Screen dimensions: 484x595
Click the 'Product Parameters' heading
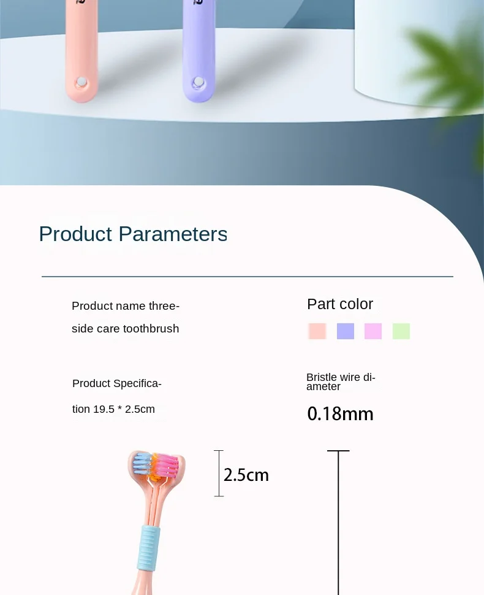[133, 234]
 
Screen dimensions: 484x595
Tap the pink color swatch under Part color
[317, 331]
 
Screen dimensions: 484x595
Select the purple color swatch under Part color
[346, 331]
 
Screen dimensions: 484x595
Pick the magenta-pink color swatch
[373, 331]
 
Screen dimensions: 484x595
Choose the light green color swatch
[401, 331]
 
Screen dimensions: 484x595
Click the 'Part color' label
[340, 304]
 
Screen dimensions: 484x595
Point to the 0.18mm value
[341, 413]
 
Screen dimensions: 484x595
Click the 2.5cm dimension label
[246, 475]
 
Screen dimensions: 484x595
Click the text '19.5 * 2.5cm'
[124, 409]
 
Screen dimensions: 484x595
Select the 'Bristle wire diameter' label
[341, 382]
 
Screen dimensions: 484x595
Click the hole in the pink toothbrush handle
[81, 82]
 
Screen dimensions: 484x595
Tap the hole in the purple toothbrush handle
[199, 82]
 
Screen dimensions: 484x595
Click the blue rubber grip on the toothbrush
[149, 548]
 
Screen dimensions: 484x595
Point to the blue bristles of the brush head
[142, 464]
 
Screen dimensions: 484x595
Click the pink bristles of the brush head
[167, 464]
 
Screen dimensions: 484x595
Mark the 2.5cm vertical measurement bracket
[219, 473]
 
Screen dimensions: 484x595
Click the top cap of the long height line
[338, 451]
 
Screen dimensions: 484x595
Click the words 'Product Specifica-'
[117, 383]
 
